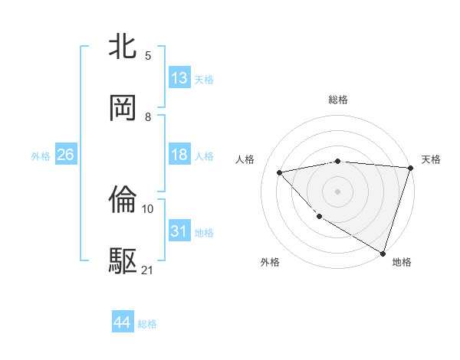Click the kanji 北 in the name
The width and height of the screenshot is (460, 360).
coord(123,47)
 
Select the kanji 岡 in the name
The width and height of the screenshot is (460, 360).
coord(123,107)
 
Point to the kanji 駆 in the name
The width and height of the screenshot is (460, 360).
coord(123,260)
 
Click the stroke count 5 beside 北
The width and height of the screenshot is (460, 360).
coord(148,55)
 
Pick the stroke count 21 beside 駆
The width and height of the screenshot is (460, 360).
coord(148,270)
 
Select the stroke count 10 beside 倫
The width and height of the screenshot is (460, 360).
coord(148,208)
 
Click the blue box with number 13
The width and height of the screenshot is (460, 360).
coord(179,78)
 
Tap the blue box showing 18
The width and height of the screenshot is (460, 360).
coord(179,155)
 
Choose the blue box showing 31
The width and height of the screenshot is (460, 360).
coord(179,231)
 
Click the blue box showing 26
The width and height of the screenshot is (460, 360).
coord(65,155)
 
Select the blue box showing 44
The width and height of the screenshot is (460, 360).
coord(123,322)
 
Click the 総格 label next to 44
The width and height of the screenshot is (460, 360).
coord(147,324)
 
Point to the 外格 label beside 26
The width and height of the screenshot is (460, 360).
coord(41,156)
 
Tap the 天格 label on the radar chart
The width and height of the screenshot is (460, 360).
coord(431,159)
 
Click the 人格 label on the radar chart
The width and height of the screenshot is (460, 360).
coord(245,159)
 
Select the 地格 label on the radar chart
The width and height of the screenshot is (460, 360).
coord(402,263)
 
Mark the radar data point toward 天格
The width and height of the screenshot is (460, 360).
coord(410,168)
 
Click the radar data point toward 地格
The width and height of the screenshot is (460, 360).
coord(383,253)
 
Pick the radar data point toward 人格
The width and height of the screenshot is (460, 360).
coord(280,172)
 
